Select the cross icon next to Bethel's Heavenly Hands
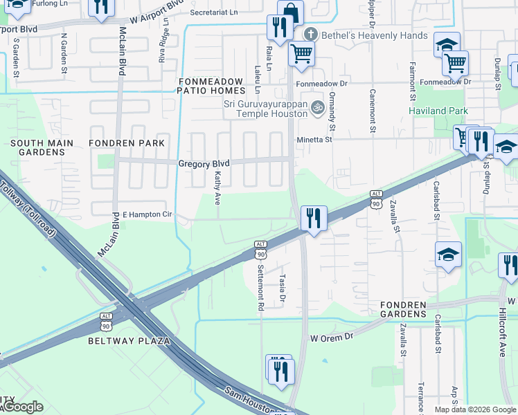pos(311,33)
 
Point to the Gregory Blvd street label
pos(204,164)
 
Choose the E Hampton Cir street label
pos(147,215)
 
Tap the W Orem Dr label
pos(332,338)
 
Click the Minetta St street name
pos(315,140)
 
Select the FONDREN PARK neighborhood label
pos(127,143)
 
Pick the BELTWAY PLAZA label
pos(129,341)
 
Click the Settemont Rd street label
pos(261,286)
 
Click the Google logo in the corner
pos(23,407)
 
